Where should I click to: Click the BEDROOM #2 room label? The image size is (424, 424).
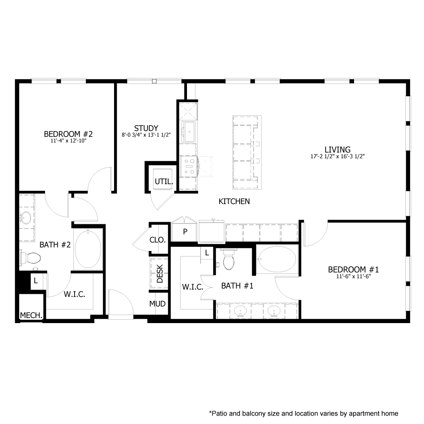(68, 134)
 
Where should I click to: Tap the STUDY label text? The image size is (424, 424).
(146, 128)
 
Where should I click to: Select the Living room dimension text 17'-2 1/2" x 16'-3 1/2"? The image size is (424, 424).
(338, 156)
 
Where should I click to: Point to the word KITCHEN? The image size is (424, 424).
(234, 201)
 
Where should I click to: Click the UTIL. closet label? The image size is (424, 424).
(164, 181)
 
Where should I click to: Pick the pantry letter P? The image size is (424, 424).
(185, 232)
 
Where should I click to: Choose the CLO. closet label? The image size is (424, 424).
(158, 240)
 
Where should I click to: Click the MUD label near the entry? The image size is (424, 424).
(157, 304)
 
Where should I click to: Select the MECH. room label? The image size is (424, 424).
(31, 315)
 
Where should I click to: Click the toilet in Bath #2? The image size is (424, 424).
(31, 257)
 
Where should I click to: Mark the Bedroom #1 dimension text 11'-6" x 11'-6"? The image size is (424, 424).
(353, 277)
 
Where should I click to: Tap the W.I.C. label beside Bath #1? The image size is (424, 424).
(189, 287)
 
